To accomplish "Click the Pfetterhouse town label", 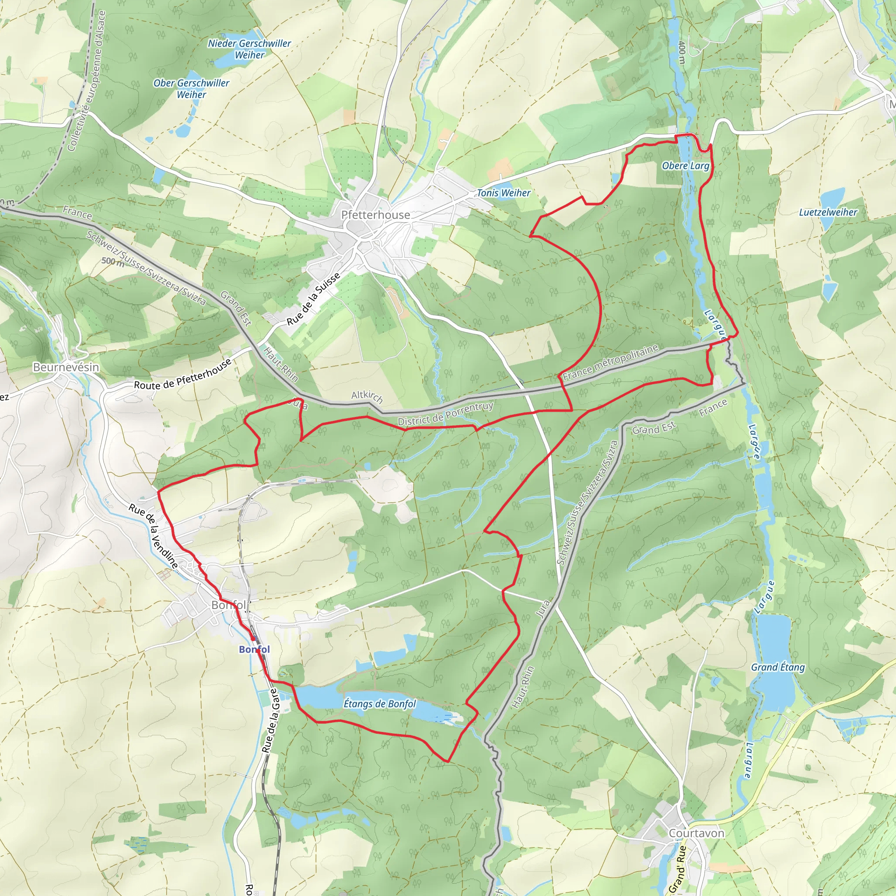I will point(375,215).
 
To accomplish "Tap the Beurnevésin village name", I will point(66,367).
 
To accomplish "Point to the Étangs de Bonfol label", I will point(379,703).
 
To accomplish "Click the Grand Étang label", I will point(778,667).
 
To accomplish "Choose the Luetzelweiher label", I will point(828,212).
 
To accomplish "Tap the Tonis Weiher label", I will point(504,193).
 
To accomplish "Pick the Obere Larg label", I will point(686,165).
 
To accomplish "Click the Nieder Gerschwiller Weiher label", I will point(249,49).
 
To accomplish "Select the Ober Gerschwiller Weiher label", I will point(191,88).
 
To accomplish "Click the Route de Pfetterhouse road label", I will point(182,375).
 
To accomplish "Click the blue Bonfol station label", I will point(254,649).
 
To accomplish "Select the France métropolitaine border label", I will point(610,362).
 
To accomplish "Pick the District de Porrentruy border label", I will point(445,414).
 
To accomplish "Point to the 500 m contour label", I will point(113,262).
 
